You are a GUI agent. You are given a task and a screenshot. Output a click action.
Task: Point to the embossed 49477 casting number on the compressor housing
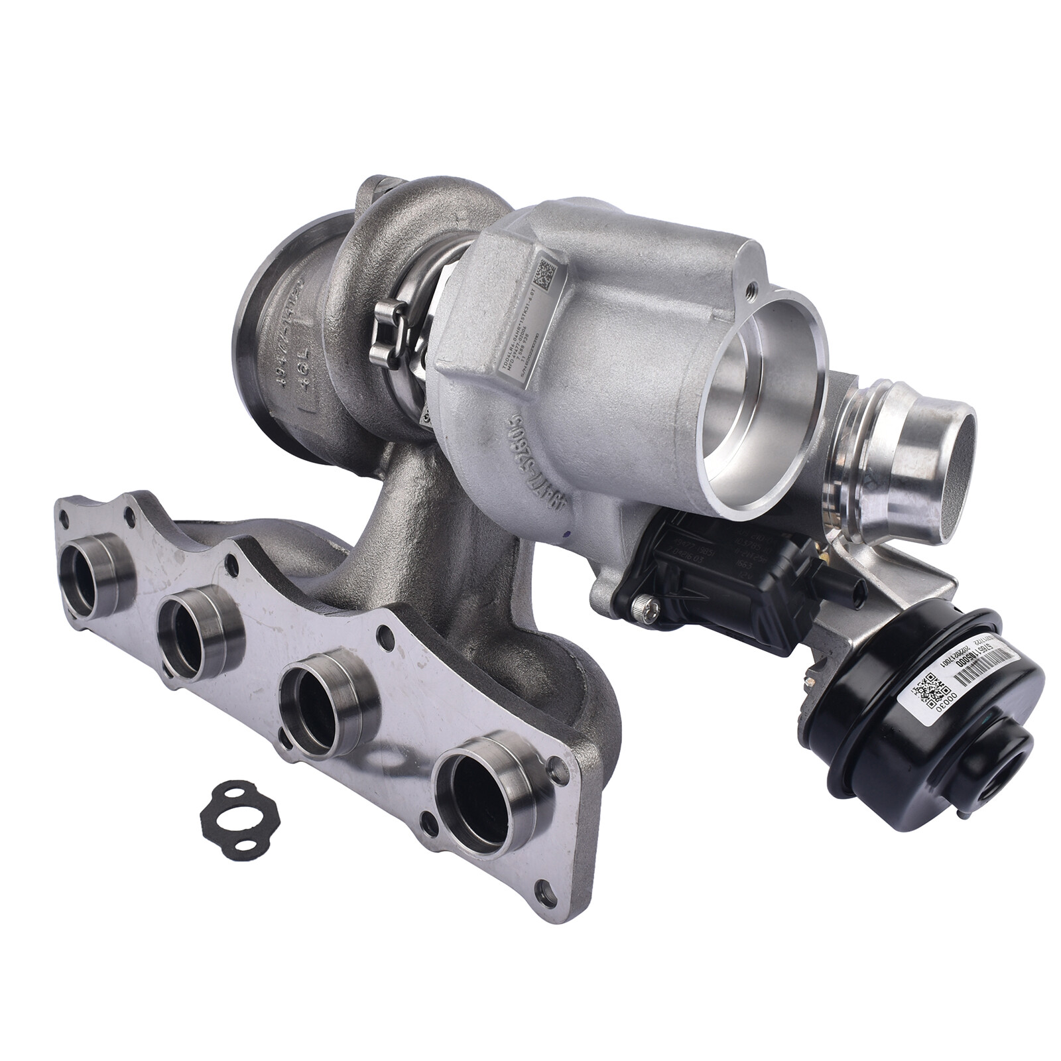pos(530,464)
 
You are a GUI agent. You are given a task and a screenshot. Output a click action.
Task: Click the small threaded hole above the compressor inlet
pos(751,290)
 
